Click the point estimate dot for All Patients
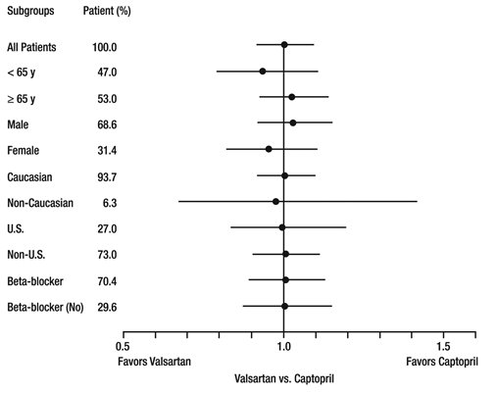tap(284, 45)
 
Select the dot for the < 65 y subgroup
tap(263, 71)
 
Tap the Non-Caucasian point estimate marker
tap(275, 201)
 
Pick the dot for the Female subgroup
tap(269, 149)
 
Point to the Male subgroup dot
tap(293, 123)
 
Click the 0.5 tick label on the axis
tap(123, 347)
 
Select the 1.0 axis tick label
tap(283, 347)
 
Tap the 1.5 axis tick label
tap(443, 347)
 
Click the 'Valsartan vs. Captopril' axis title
tap(284, 378)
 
